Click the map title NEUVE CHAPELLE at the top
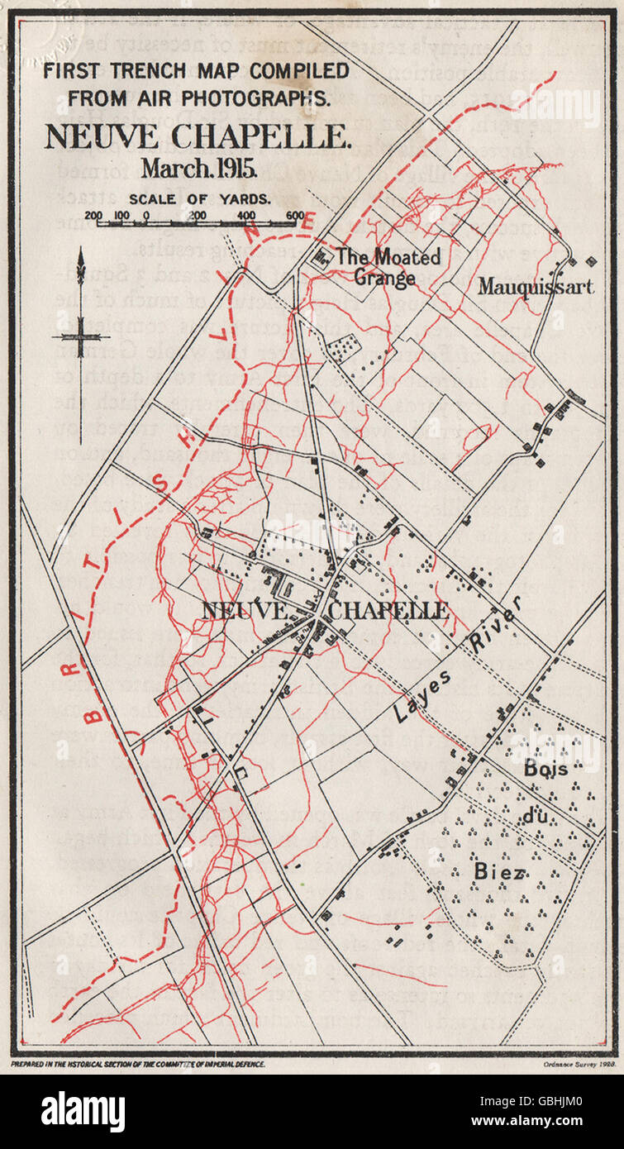tap(198, 136)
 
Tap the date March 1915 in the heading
tap(198, 169)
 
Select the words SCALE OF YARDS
tap(198, 198)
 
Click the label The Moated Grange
tap(387, 267)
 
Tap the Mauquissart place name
tap(535, 287)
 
